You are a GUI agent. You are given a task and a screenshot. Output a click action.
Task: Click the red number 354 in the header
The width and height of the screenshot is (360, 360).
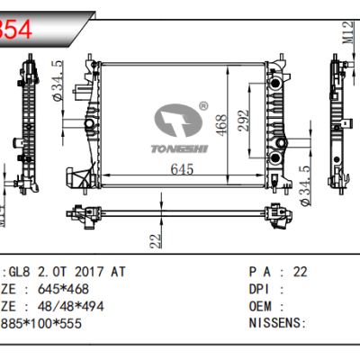pos(17,28)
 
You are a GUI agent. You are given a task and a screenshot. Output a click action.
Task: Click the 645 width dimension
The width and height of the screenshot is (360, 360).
pos(184,170)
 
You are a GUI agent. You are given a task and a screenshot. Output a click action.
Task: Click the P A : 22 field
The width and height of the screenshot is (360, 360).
pos(279,271)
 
